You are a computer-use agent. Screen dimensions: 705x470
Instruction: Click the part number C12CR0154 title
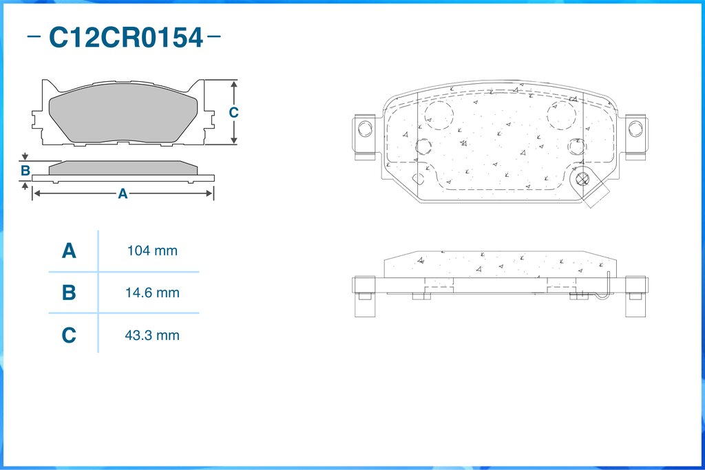[x=125, y=38]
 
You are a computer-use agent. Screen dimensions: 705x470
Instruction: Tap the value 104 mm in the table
[x=152, y=250]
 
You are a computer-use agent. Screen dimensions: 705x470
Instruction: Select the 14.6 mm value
[x=152, y=292]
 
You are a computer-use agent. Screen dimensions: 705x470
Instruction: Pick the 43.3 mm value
[x=152, y=335]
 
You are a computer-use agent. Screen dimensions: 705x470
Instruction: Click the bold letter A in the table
[x=69, y=250]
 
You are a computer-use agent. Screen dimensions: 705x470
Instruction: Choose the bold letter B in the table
[x=69, y=292]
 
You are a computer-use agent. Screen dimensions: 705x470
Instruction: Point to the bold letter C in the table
[x=69, y=335]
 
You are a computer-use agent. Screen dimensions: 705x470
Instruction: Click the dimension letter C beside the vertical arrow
[x=233, y=112]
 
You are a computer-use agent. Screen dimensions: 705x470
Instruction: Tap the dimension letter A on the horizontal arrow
[x=123, y=193]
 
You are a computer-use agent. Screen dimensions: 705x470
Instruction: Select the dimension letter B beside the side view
[x=25, y=171]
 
